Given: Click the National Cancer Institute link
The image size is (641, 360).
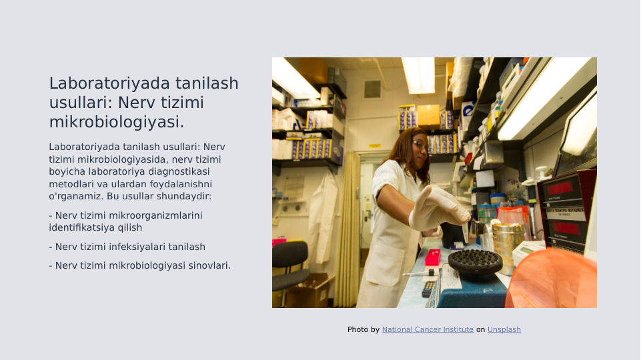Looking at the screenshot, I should coord(428,329).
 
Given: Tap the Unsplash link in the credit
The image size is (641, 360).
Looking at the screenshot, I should coord(504,329).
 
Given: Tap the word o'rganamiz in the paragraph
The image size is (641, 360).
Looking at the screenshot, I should coord(76,197).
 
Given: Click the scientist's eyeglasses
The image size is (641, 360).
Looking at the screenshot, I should coord(420,145).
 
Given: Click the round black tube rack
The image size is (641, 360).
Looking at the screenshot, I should coord(475,261).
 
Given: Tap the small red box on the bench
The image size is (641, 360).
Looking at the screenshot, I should coord(433,257).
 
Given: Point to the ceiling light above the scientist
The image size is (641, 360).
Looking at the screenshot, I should coord(418,74).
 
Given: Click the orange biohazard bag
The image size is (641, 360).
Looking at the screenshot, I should coord(554,280).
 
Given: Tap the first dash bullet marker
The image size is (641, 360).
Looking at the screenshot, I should coord(51,215).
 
